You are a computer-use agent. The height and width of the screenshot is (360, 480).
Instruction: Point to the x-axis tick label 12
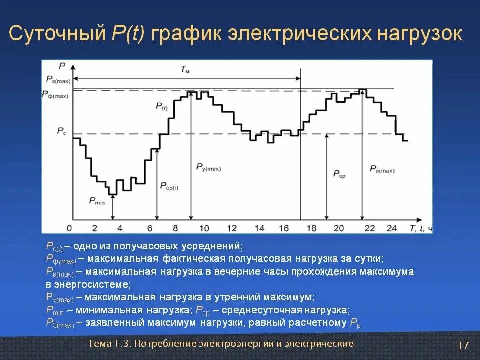pyautogui.click(x=232, y=228)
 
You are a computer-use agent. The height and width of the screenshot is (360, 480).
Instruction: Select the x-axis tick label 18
pyautogui.click(x=310, y=228)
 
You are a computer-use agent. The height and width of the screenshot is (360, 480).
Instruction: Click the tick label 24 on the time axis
pyautogui.click(x=392, y=228)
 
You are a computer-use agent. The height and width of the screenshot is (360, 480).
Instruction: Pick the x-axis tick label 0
pyautogui.click(x=69, y=228)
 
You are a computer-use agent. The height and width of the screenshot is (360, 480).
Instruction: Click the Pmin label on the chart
pyautogui.click(x=97, y=201)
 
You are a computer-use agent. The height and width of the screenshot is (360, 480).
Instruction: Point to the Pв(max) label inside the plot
pyautogui.click(x=382, y=170)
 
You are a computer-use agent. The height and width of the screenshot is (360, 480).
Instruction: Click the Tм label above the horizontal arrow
pyautogui.click(x=185, y=70)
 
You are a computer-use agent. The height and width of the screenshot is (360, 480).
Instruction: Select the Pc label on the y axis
pyautogui.click(x=61, y=131)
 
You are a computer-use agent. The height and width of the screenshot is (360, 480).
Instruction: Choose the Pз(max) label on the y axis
pyautogui.click(x=58, y=79)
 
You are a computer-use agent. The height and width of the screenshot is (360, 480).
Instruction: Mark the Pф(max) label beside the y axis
pyautogui.click(x=55, y=94)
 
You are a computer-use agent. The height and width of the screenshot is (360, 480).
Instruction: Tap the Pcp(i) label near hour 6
pyautogui.click(x=169, y=186)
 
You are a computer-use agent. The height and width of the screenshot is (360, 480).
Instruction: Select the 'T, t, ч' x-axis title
pyautogui.click(x=421, y=228)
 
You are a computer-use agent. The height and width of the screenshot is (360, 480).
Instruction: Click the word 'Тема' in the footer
pyautogui.click(x=100, y=343)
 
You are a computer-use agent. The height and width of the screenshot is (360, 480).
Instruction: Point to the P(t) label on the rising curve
pyautogui.click(x=161, y=106)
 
